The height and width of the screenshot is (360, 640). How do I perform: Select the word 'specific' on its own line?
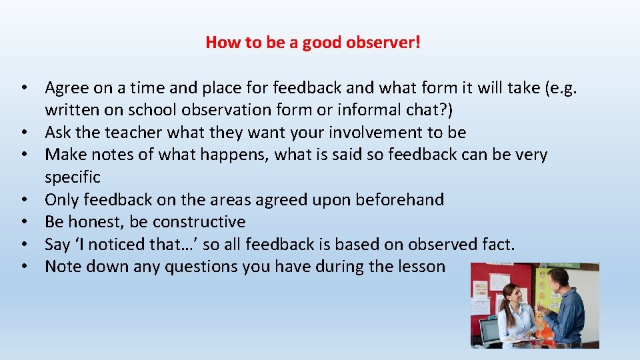tap(73, 177)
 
